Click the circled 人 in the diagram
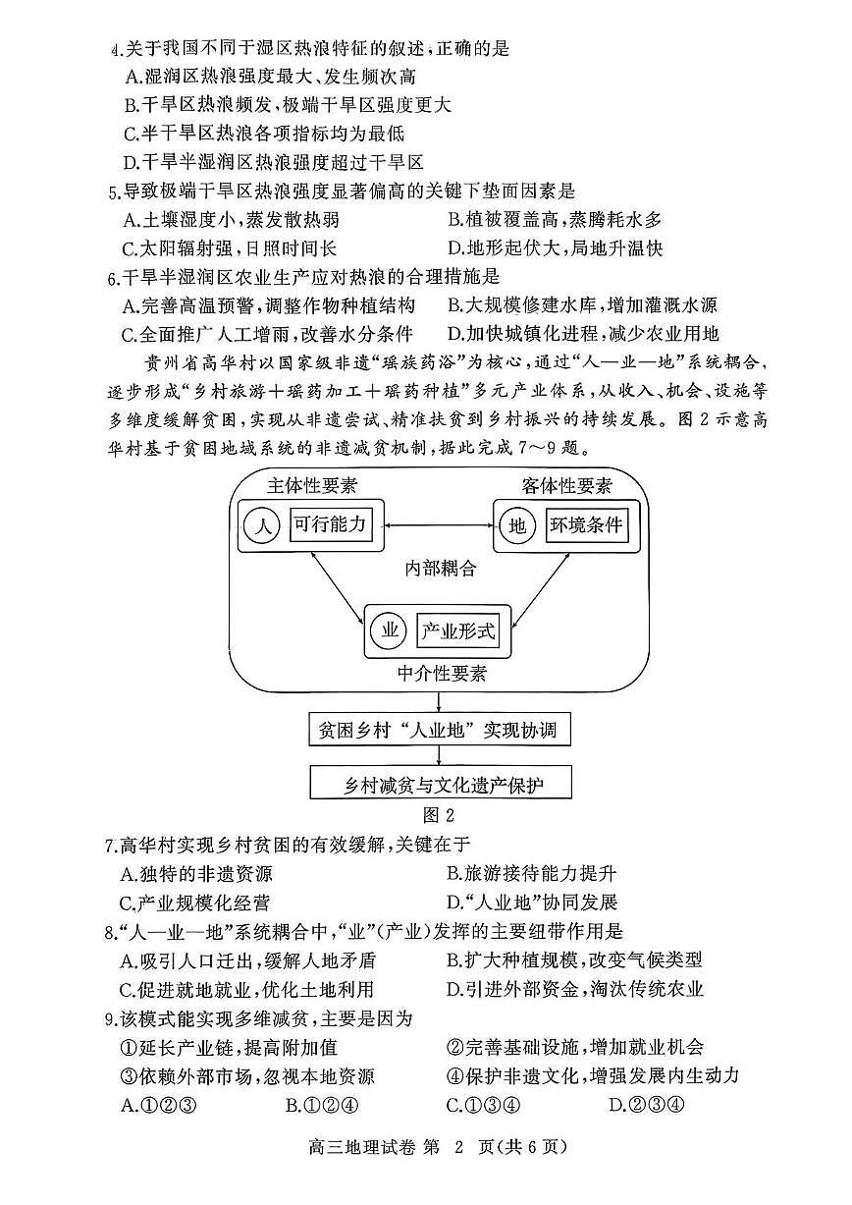(x=262, y=526)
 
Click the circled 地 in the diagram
(x=517, y=526)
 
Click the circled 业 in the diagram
(x=390, y=630)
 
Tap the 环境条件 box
(x=585, y=525)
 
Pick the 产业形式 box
(x=457, y=630)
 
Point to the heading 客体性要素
(x=566, y=485)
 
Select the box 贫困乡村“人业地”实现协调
(x=438, y=731)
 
